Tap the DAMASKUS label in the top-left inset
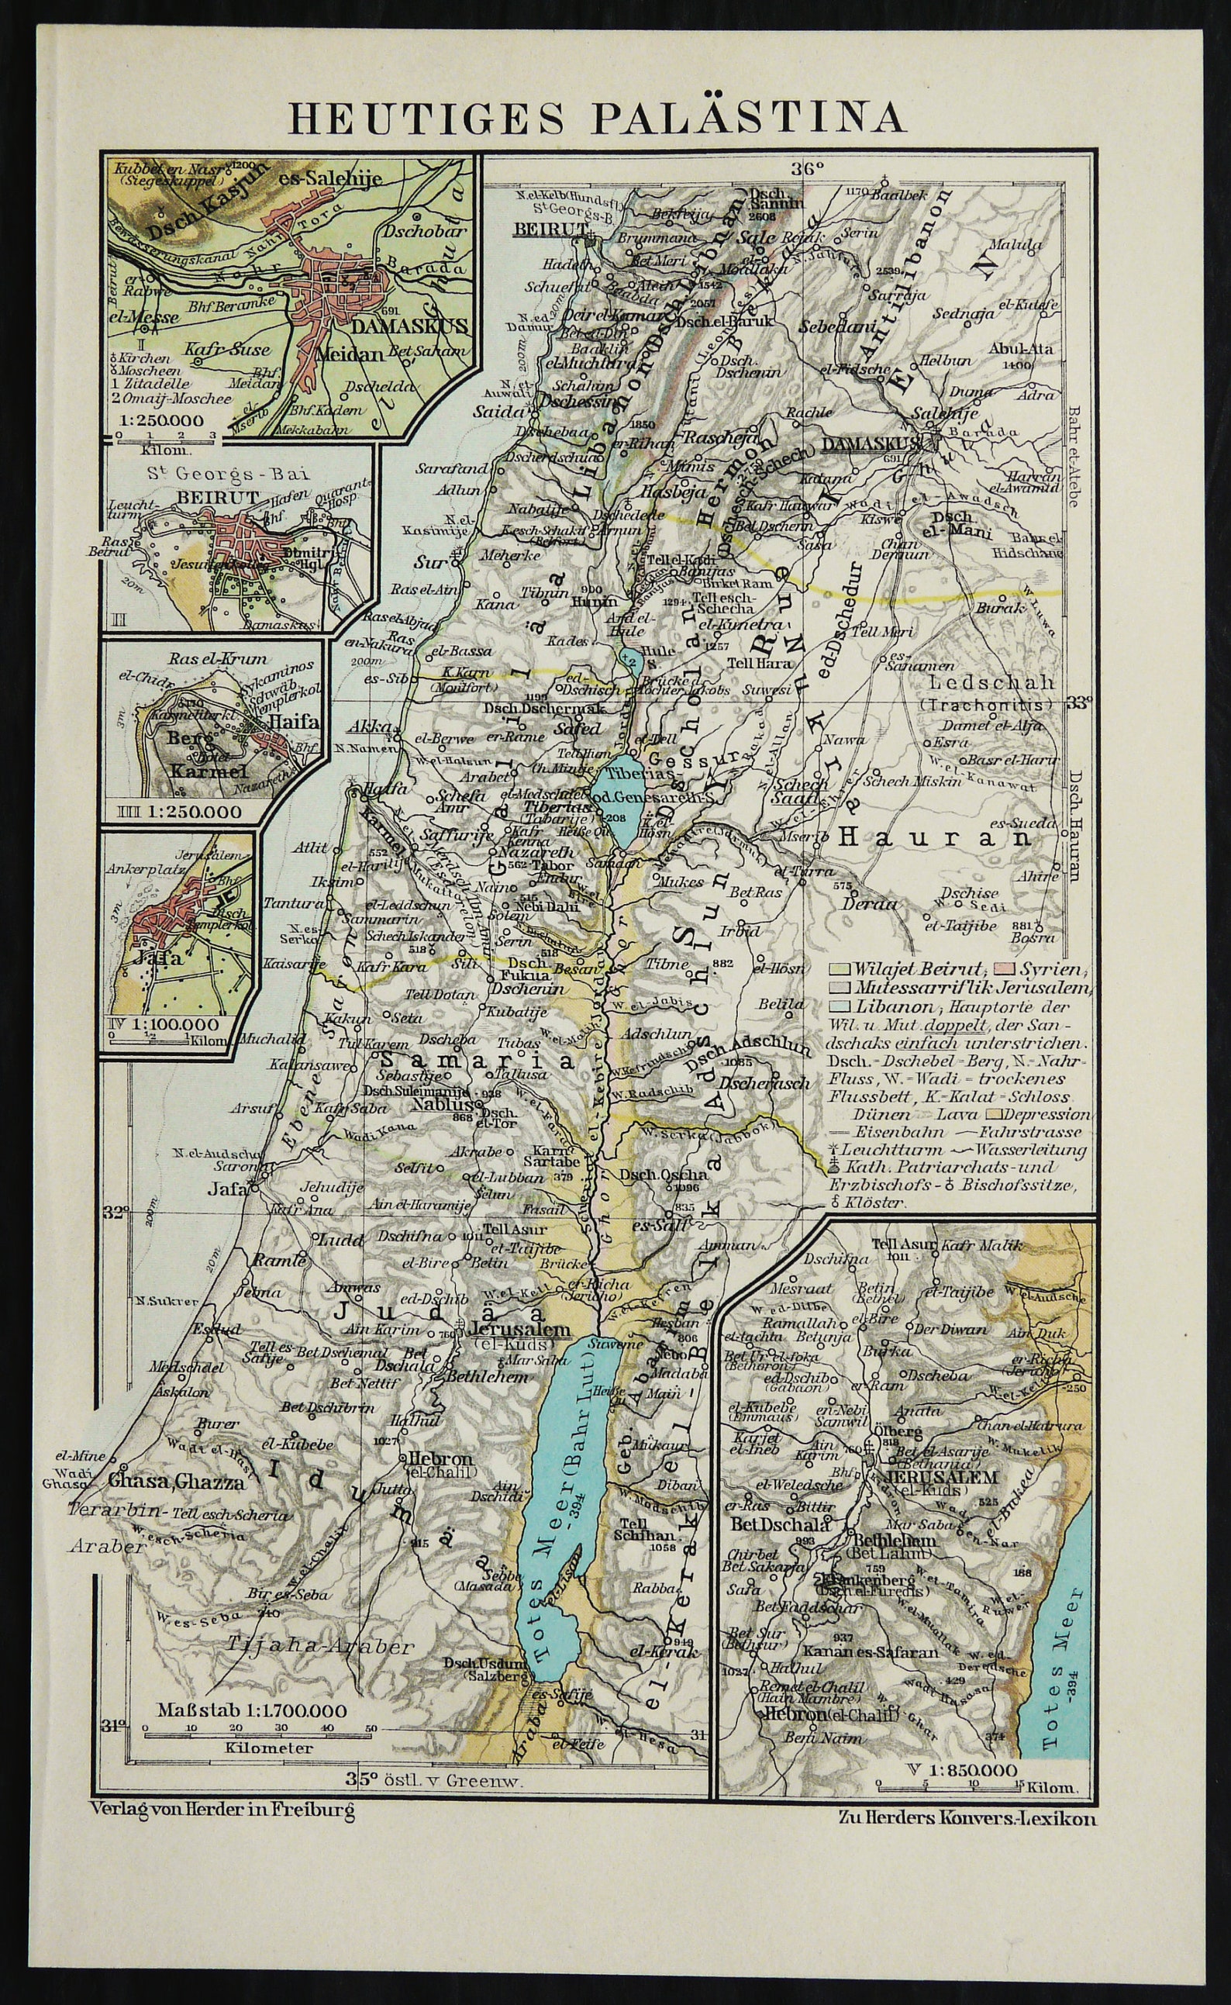click(x=411, y=328)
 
